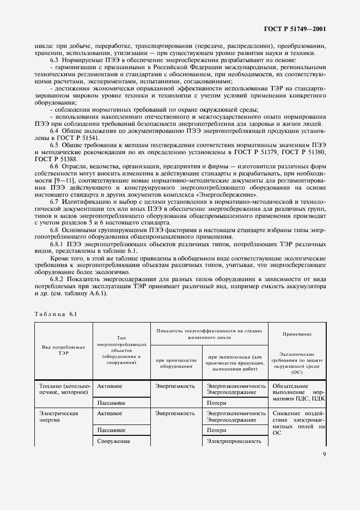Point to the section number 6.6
pyautogui.click(x=56, y=166)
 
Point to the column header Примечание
pyautogui.click(x=297, y=333)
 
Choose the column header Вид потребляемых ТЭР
pyautogui.click(x=63, y=349)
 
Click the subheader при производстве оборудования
pyautogui.click(x=175, y=363)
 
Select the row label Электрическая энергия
pyautogui.click(x=58, y=417)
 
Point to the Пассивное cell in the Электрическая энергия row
pyautogui.click(x=112, y=429)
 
